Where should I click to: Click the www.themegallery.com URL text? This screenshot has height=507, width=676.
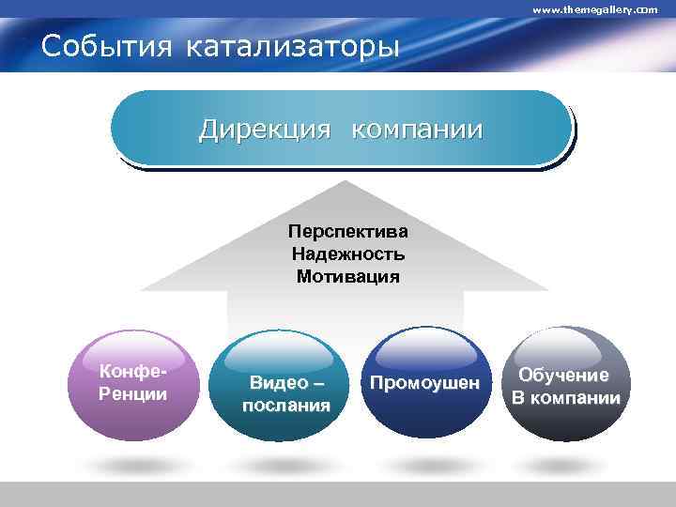(x=594, y=8)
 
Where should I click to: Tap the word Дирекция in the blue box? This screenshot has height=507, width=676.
(x=265, y=129)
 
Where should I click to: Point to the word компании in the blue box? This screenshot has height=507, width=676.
(x=417, y=129)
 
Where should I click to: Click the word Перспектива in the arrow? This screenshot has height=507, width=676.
(x=347, y=230)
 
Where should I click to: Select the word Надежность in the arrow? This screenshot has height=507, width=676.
(x=347, y=253)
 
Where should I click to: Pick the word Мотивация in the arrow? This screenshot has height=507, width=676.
(x=347, y=277)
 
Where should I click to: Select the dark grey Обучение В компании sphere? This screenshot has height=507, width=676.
(x=564, y=385)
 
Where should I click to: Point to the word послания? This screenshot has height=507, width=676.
(x=285, y=406)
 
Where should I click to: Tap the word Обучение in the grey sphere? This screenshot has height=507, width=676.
(x=564, y=376)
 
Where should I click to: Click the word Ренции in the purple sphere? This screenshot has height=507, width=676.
(x=132, y=393)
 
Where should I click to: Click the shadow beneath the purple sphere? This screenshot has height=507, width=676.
(x=132, y=464)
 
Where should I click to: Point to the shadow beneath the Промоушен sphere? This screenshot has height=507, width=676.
(x=423, y=464)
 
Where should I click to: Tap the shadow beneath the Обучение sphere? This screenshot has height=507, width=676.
(x=564, y=464)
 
